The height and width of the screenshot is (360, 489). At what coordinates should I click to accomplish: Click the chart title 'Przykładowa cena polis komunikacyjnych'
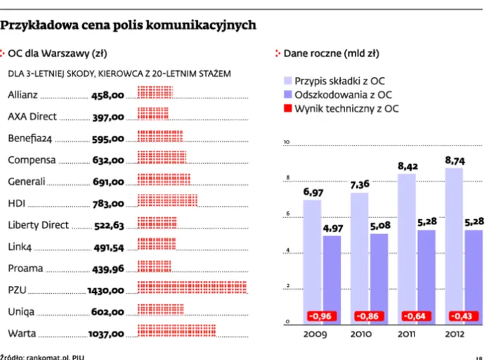[x=128, y=25]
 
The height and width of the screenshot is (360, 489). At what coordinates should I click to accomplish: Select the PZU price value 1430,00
[x=105, y=290]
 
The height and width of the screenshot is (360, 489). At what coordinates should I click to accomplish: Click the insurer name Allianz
[x=23, y=94]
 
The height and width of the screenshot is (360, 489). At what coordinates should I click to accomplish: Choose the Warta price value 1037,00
[x=105, y=333]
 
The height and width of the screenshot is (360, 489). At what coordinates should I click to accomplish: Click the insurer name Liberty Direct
[x=39, y=225]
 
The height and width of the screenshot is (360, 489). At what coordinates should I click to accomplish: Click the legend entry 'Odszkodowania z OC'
[x=343, y=94]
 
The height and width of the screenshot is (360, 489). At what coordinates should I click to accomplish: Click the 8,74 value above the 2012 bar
[x=455, y=161]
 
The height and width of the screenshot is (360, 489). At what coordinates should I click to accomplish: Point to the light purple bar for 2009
[x=312, y=260]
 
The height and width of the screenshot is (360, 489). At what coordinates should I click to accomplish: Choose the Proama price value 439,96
[x=108, y=269]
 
